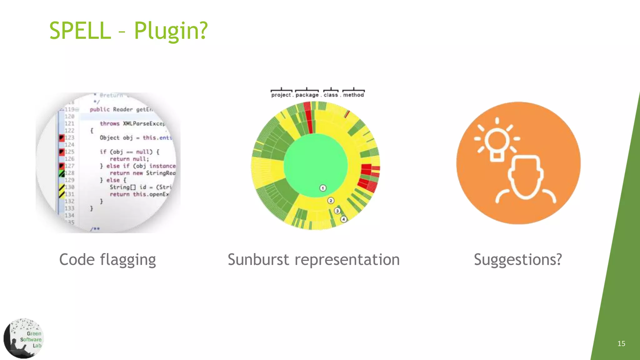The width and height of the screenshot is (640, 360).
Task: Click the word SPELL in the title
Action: pyautogui.click(x=80, y=31)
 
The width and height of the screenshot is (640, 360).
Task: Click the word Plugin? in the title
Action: pyautogui.click(x=171, y=31)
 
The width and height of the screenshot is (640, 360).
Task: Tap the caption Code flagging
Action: pyautogui.click(x=107, y=260)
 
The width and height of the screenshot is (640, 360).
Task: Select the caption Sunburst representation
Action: pyautogui.click(x=313, y=260)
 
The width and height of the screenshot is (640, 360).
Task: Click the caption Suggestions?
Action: pyautogui.click(x=518, y=260)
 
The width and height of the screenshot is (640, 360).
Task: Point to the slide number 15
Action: pyautogui.click(x=621, y=344)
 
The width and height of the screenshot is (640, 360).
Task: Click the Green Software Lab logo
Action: pyautogui.click(x=24, y=338)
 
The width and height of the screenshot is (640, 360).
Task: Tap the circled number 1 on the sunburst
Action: pyautogui.click(x=323, y=188)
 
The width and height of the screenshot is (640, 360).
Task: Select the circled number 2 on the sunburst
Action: pyautogui.click(x=331, y=201)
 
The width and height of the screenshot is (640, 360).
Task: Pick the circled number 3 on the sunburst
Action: pyautogui.click(x=337, y=211)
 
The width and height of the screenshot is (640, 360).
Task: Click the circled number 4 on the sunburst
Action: pyautogui.click(x=343, y=219)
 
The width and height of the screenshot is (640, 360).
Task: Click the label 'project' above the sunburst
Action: pyautogui.click(x=281, y=95)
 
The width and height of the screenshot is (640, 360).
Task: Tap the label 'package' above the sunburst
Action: pyautogui.click(x=307, y=95)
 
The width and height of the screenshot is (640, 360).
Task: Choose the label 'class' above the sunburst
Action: pyautogui.click(x=331, y=95)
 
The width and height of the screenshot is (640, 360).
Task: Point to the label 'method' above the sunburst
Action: pyautogui.click(x=353, y=95)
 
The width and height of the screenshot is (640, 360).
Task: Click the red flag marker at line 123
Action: pyautogui.click(x=62, y=137)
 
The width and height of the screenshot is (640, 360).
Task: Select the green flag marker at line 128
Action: pyautogui.click(x=62, y=173)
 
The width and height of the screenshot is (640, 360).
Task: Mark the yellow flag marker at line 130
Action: pyautogui.click(x=62, y=187)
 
